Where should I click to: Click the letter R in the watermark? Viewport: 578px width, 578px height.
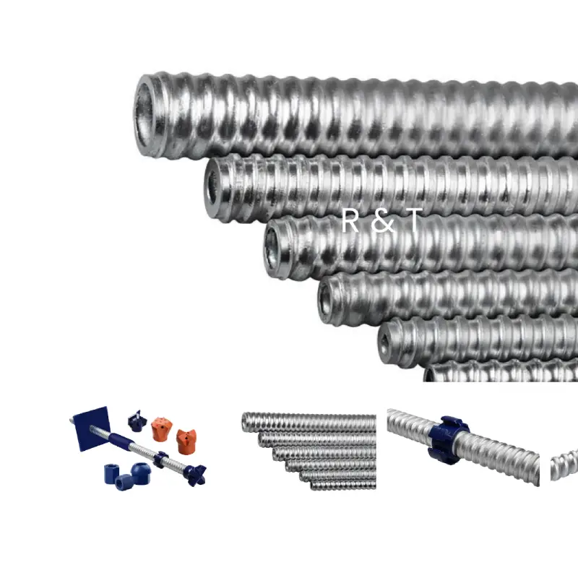click(x=350, y=220)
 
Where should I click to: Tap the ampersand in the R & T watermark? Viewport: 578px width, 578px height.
click(x=383, y=221)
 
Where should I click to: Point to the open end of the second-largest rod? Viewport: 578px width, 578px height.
click(x=212, y=189)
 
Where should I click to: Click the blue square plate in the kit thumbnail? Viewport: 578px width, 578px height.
click(x=92, y=428)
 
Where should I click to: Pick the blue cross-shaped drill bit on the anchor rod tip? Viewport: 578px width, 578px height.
click(x=195, y=475)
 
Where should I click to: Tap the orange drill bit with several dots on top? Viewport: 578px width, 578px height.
click(x=161, y=428)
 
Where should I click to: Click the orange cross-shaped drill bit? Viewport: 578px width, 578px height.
click(x=186, y=441)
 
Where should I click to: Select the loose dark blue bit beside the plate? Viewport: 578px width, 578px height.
click(x=137, y=421)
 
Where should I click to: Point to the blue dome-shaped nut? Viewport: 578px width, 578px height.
click(x=140, y=473)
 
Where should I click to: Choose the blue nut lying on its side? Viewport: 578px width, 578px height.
click(x=124, y=483)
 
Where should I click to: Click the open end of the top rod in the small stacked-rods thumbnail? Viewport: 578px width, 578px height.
click(x=244, y=422)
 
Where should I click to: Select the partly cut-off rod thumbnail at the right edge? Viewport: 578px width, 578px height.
click(x=564, y=465)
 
